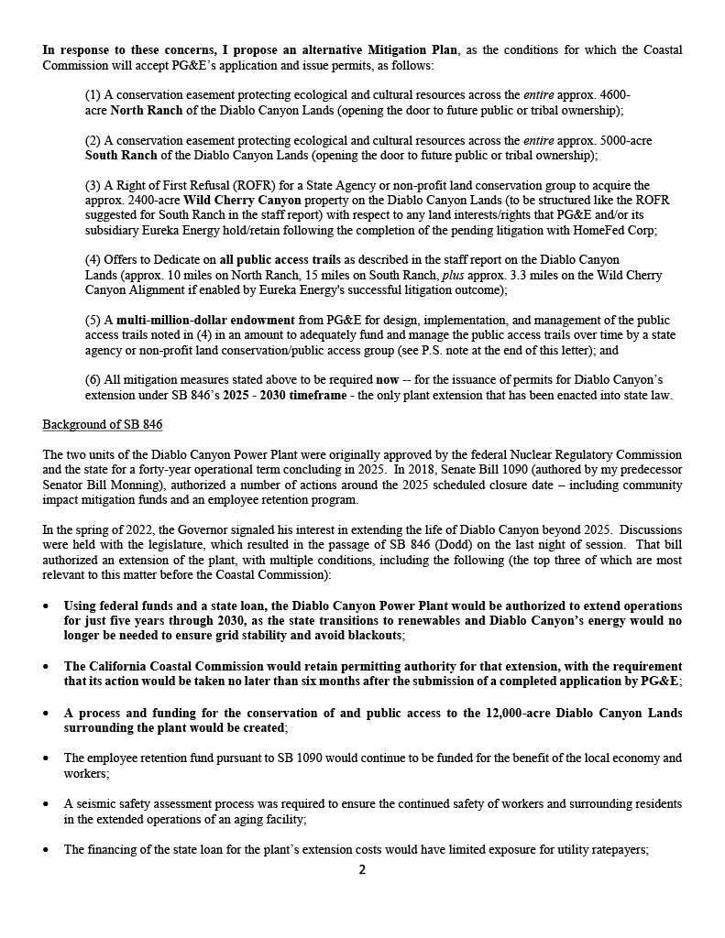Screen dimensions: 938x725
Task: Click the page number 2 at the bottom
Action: click(x=362, y=869)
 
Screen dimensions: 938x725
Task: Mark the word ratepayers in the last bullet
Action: click(x=614, y=849)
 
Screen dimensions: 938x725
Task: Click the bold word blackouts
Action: click(x=372, y=635)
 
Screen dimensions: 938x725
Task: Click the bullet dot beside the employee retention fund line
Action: click(x=47, y=758)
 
